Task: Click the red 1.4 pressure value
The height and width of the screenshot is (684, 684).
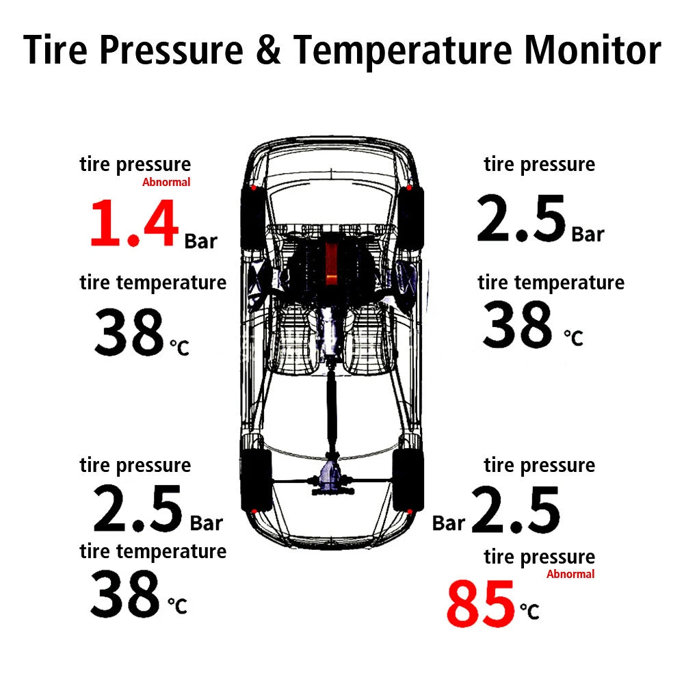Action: tap(134, 224)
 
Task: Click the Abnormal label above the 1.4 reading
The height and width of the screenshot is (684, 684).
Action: tap(166, 182)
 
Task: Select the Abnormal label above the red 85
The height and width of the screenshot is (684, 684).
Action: tap(570, 574)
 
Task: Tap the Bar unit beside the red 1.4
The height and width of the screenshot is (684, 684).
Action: tap(200, 241)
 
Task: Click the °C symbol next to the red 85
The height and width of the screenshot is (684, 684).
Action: tap(529, 610)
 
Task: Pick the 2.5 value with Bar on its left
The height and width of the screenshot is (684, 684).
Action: tap(515, 510)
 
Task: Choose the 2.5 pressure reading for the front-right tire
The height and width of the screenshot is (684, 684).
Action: tap(521, 220)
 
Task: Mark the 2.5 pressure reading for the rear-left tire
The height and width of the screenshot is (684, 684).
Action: tap(137, 510)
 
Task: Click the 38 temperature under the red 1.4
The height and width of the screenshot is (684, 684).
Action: tap(129, 333)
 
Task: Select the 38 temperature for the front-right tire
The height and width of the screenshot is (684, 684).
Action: tap(517, 326)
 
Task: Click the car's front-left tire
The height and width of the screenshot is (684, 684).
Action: tap(252, 215)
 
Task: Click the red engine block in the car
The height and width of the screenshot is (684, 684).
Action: tap(332, 260)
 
